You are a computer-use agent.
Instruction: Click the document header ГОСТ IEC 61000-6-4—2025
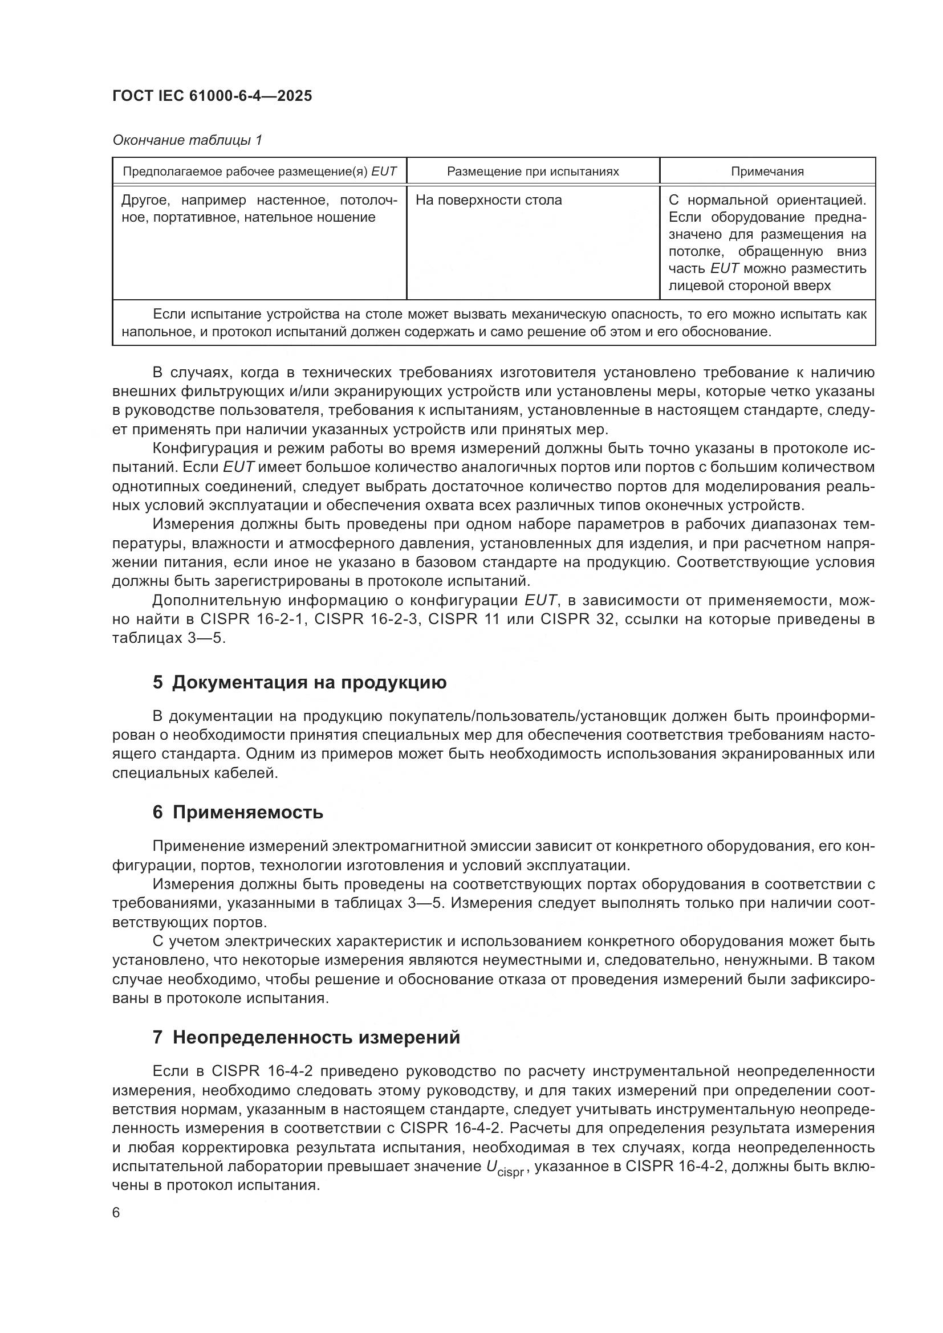[212, 96]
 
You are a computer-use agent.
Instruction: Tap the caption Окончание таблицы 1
[187, 141]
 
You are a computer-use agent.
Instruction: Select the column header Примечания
[767, 172]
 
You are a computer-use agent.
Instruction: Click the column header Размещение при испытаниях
[533, 172]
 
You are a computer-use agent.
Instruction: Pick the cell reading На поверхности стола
[489, 200]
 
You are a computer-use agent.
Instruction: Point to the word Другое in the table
[145, 200]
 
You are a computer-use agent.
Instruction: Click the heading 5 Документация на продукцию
[300, 682]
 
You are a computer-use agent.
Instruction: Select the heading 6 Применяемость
[238, 812]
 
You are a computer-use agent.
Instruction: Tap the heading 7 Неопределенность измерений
[306, 1037]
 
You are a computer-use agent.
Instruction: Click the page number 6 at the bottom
[116, 1213]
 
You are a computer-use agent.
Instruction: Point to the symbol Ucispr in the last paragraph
[505, 1169]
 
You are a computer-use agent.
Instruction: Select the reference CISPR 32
[576, 619]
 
